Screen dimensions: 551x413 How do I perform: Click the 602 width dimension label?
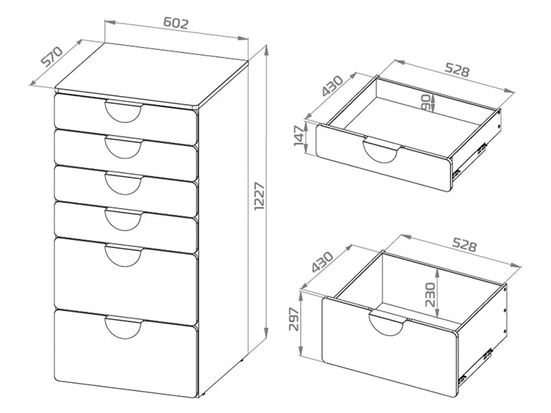click(176, 23)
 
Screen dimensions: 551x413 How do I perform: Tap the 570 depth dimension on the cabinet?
click(52, 56)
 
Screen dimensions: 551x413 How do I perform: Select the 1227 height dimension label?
click(260, 196)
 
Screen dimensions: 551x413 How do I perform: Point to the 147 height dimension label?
click(299, 136)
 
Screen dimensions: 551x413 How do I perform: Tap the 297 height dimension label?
click(294, 319)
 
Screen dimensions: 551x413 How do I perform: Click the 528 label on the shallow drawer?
click(457, 69)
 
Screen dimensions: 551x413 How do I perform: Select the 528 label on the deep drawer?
click(464, 245)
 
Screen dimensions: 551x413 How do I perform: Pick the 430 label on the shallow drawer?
click(332, 86)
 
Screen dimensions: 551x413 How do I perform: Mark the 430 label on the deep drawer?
click(322, 262)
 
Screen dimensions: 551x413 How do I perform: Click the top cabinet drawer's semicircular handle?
click(123, 112)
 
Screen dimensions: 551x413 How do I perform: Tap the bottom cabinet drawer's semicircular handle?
click(124, 327)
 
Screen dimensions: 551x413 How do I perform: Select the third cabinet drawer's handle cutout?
click(123, 183)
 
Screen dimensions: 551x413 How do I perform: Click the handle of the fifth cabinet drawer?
click(124, 256)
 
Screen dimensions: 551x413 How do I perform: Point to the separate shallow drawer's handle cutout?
click(382, 151)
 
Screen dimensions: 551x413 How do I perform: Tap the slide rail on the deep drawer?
click(475, 365)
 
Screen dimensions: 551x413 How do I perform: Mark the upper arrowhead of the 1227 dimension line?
click(267, 49)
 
